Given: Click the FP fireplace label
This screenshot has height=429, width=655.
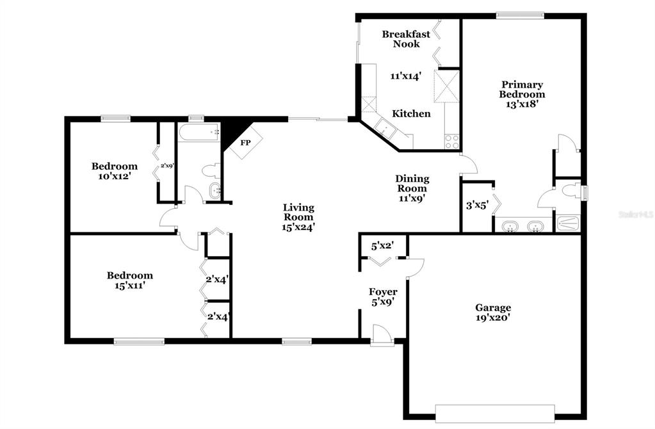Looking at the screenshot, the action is click(x=245, y=143).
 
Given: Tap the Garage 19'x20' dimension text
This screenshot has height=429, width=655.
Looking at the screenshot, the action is click(x=493, y=318).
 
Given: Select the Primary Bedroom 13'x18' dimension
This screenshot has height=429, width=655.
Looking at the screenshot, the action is click(x=522, y=104).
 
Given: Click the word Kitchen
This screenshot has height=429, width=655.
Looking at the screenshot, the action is click(x=411, y=113).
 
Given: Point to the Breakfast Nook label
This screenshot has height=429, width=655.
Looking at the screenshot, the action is click(x=406, y=39).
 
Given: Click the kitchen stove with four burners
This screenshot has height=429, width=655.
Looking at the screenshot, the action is click(x=451, y=142).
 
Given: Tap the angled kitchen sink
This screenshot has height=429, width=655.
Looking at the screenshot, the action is click(x=385, y=127).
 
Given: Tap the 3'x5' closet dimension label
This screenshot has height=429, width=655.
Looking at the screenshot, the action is click(x=477, y=206).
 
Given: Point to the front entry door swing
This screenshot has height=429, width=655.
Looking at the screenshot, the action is click(x=382, y=335).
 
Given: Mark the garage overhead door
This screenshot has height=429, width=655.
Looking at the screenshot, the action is click(x=495, y=414).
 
